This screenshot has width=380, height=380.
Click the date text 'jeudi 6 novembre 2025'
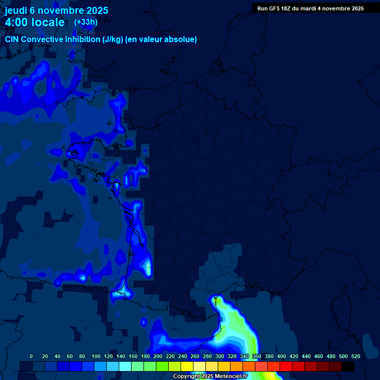coord(56,10)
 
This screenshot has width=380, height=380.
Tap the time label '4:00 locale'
coord(35,22)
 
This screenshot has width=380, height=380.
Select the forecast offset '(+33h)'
coord(86,22)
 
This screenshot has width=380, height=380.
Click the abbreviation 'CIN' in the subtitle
coord(12,39)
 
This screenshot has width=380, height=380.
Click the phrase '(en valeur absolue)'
coord(161,39)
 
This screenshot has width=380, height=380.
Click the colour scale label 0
coord(31,356)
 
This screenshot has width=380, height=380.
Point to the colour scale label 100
coord(96,356)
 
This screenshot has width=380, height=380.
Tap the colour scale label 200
coord(158,356)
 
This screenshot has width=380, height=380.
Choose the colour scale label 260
coord(195,356)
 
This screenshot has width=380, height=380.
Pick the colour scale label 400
coord(282,356)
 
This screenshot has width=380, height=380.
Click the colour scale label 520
coord(355,356)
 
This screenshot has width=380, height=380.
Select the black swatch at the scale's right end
coord(348,366)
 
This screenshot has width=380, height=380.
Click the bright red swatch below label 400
coord(286,366)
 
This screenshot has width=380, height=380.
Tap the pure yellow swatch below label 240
coord(187,366)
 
